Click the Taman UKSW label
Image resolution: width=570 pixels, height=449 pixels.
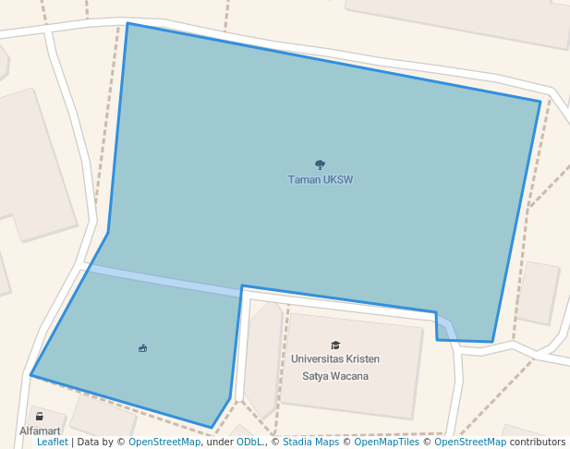(321, 180)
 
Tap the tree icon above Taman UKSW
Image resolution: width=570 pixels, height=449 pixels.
(321, 165)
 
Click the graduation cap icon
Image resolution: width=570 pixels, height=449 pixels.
(335, 345)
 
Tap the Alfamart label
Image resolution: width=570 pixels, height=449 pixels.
(40, 431)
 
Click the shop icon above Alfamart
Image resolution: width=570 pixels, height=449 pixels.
(39, 415)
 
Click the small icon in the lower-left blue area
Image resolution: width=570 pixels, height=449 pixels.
(142, 348)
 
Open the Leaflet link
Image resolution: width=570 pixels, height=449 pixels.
(52, 443)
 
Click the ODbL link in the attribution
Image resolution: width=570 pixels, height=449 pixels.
(249, 443)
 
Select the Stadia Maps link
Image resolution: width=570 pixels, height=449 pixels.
(310, 443)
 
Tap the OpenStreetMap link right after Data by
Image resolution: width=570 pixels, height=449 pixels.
(164, 443)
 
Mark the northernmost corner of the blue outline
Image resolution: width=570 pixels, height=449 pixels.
(127, 23)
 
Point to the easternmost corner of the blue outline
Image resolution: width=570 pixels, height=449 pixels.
(540, 102)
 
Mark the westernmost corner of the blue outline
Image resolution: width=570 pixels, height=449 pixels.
(30, 375)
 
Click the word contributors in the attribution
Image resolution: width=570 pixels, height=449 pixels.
(537, 443)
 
